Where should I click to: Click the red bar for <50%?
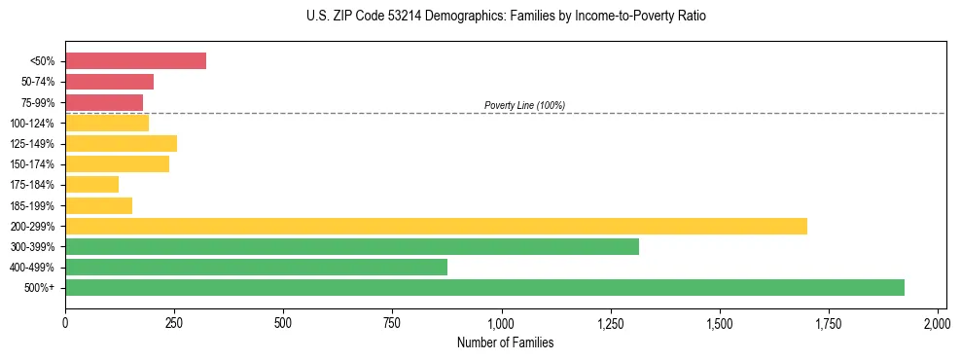click(x=135, y=60)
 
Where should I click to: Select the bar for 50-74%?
click(x=109, y=82)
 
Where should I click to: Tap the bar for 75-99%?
click(x=104, y=102)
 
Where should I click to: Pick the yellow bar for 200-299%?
click(x=436, y=226)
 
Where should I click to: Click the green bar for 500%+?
click(x=484, y=287)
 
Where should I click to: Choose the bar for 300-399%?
click(x=352, y=246)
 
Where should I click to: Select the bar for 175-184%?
click(x=91, y=185)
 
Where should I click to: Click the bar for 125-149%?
click(x=121, y=143)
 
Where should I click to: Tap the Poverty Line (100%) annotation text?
click(x=524, y=105)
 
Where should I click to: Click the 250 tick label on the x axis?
click(x=174, y=322)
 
